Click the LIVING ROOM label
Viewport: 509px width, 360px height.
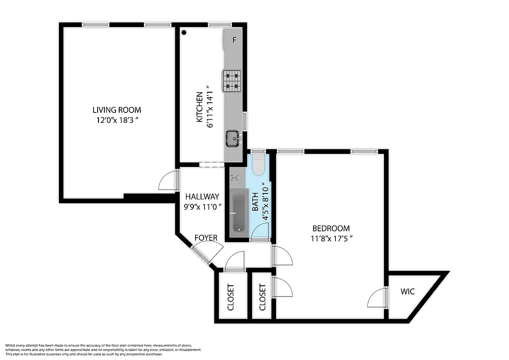[116, 110]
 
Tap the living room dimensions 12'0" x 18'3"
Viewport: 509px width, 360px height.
[116, 120]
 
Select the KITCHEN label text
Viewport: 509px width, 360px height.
[199, 108]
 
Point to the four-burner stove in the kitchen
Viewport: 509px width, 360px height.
[232, 81]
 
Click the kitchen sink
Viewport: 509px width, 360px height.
[233, 138]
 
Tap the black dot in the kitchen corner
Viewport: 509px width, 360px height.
[184, 32]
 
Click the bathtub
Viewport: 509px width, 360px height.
[238, 211]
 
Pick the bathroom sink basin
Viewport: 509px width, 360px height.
[238, 178]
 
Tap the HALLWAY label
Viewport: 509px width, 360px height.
[202, 197]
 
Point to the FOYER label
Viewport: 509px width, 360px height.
[206, 238]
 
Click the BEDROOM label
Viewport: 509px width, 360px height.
[330, 229]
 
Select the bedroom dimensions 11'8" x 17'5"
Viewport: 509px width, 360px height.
[330, 239]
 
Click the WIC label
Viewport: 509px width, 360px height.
[407, 292]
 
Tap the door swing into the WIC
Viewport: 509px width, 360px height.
[377, 299]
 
